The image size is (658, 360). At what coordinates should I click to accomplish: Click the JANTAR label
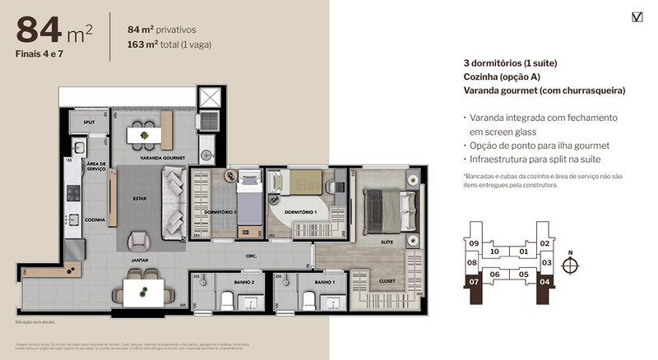(138, 260)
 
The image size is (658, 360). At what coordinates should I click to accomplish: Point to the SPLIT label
(88, 122)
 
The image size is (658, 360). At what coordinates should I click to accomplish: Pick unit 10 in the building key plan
(494, 252)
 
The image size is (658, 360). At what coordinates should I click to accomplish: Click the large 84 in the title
(39, 30)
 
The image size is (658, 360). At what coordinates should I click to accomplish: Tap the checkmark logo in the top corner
(637, 16)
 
